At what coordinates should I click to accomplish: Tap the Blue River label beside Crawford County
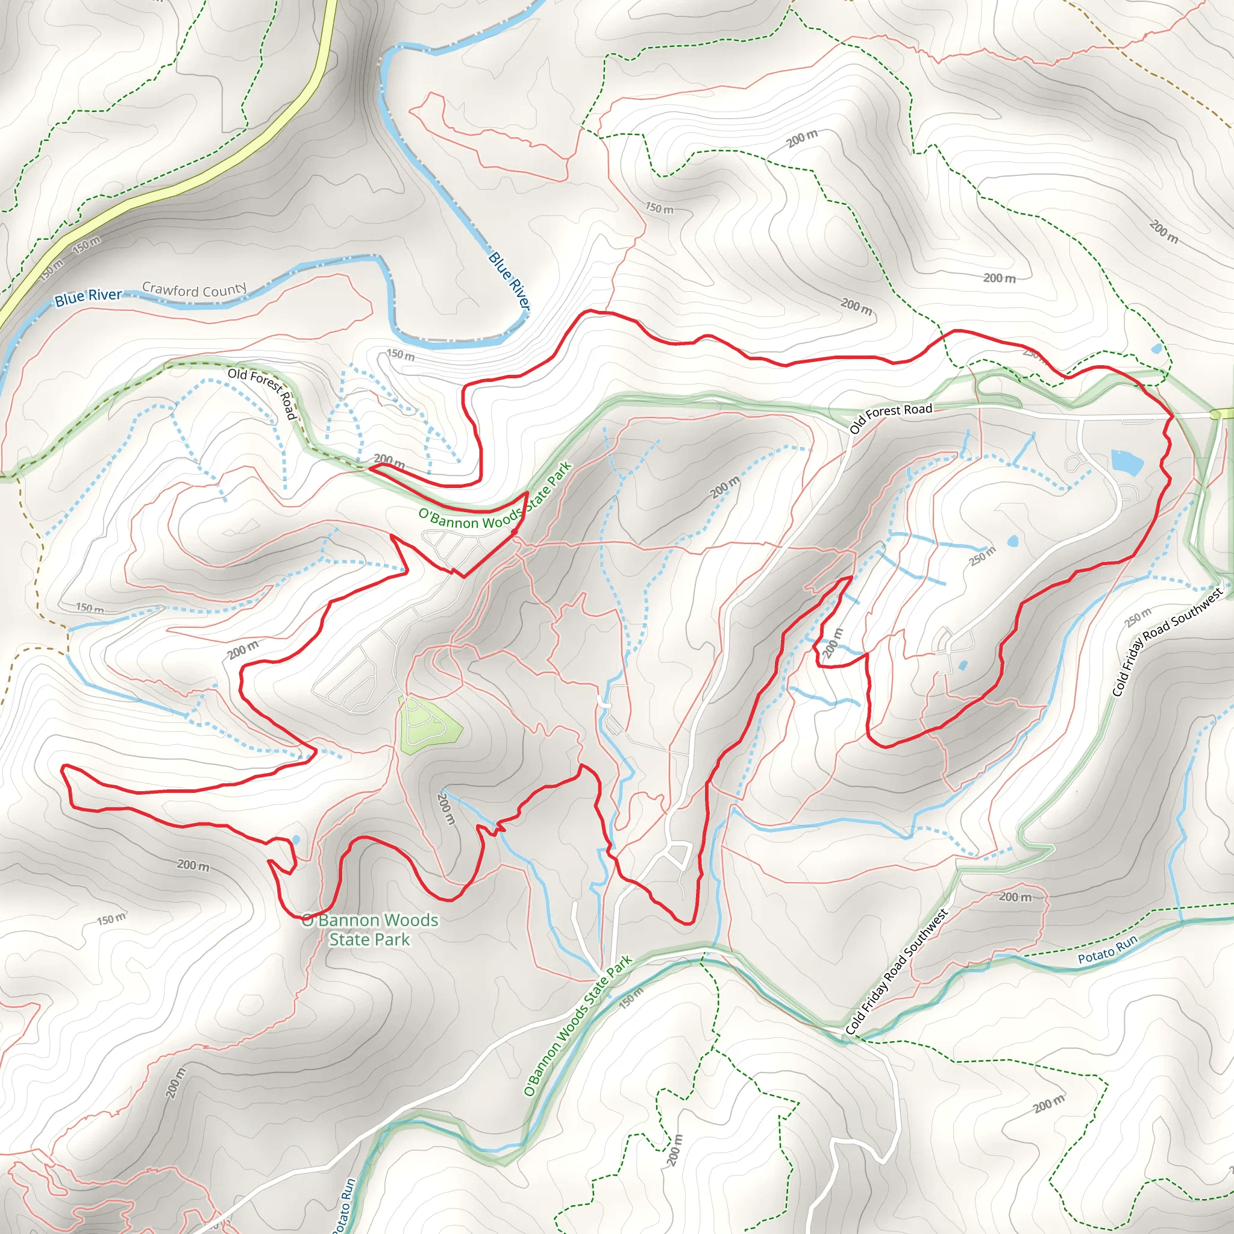tap(88, 296)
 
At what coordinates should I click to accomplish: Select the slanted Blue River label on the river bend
tap(509, 281)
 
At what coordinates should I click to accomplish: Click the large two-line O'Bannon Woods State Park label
tap(370, 929)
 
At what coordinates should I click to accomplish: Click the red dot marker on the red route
tap(514, 531)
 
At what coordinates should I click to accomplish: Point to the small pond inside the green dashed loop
tap(1157, 349)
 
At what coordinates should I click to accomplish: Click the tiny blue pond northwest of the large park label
tap(295, 839)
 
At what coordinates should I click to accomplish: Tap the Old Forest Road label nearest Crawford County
tap(263, 393)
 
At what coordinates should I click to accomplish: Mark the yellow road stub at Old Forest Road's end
tap(1223, 415)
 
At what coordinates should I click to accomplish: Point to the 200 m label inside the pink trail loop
tap(1015, 897)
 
